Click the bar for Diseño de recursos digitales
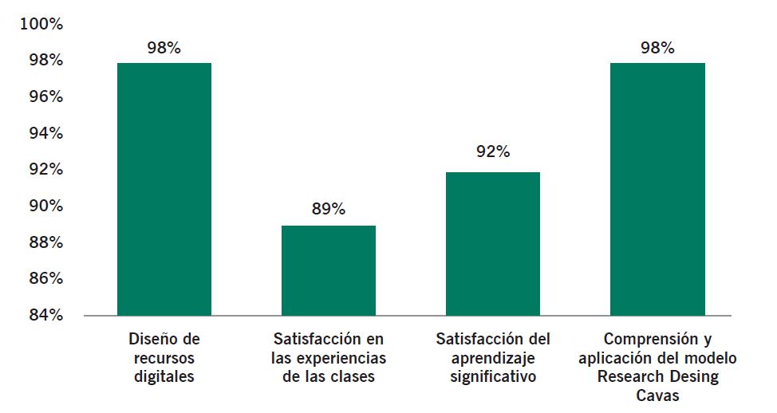pos(164,189)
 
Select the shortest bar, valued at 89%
pos(329,270)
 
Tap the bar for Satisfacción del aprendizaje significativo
pos(493,243)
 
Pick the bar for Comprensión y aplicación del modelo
pos(657,189)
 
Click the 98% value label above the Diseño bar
pos(164,48)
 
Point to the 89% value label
pos(329,210)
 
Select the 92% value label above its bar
pos(493,151)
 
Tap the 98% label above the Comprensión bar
pos(657,48)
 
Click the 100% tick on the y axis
pos(41,24)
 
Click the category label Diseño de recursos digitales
pos(164,358)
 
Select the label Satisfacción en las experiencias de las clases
pos(329,358)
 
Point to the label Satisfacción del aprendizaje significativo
pos(493,358)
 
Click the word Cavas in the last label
pos(657,395)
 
